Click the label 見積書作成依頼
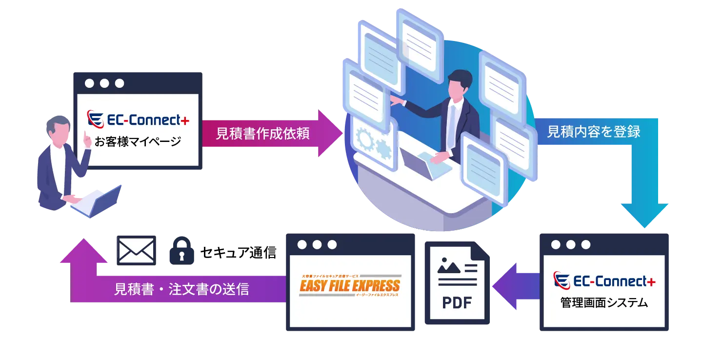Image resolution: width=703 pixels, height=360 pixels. coord(262,134)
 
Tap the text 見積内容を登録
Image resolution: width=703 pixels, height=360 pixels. coord(593,132)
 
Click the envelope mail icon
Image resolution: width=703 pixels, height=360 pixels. coord(137,250)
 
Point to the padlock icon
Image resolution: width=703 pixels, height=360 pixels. coord(181,250)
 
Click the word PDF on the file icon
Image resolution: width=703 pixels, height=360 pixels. coord(457,303)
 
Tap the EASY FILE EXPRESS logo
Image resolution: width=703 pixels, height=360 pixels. coord(349,286)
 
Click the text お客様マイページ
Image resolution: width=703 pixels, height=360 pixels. coord(138,142)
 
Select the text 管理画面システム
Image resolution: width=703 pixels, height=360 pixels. coord(604,303)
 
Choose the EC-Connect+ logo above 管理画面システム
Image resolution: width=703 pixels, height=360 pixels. coord(604,281)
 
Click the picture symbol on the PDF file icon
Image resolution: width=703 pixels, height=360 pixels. coord(449,265)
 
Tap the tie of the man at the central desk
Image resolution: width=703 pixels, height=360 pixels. coord(452,121)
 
